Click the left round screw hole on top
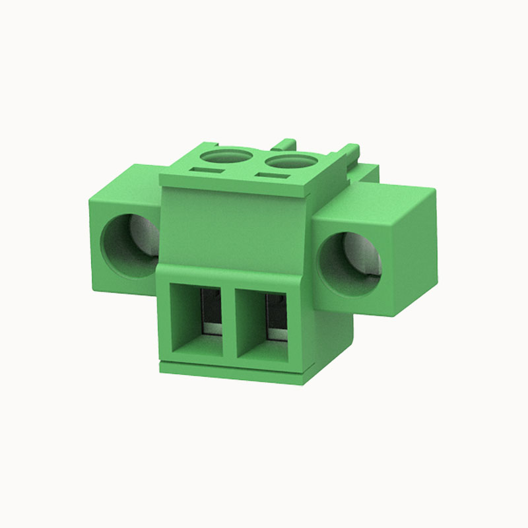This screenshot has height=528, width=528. pos(226,157)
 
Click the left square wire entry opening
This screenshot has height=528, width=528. pos(196,315)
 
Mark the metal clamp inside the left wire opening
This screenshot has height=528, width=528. pos(211,310)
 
